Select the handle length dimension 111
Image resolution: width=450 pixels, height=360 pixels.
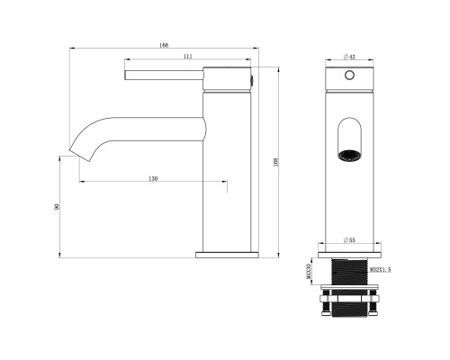[x=186, y=58]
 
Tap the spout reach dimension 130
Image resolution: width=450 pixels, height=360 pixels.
[x=154, y=179]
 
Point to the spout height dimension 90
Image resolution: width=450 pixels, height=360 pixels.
[x=57, y=207]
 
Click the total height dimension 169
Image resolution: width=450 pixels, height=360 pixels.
[x=275, y=162]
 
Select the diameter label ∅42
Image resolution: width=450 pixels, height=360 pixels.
[x=350, y=57]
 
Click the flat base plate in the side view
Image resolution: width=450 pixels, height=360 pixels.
[x=226, y=255]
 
